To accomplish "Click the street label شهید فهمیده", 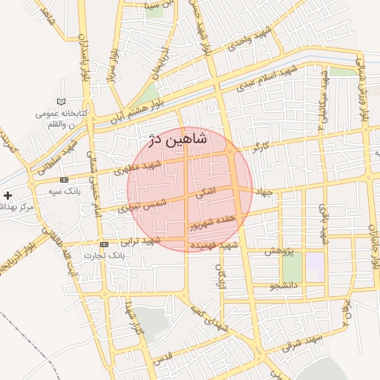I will click(x=214, y=244).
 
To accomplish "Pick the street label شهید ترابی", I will click(x=142, y=240).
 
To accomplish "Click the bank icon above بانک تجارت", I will click(x=103, y=244).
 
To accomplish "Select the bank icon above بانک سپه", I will click(x=65, y=180).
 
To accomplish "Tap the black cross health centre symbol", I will click(x=7, y=196).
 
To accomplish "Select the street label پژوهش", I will click(x=278, y=252).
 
